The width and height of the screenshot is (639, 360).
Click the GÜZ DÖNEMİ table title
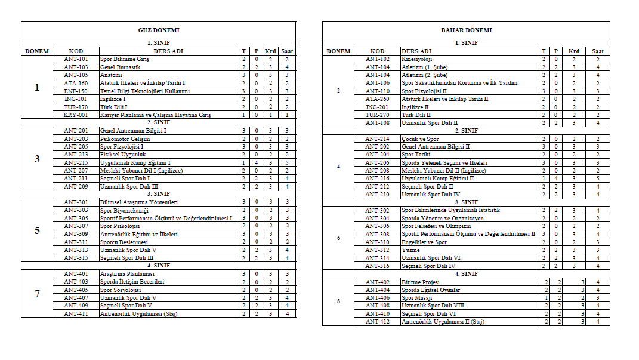point(159,30)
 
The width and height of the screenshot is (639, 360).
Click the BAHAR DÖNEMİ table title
point(466,30)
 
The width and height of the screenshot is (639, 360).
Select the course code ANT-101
point(76,59)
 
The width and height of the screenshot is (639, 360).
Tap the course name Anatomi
point(112,75)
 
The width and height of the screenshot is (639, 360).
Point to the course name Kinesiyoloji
point(417,59)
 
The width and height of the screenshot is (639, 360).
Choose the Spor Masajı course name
point(416,297)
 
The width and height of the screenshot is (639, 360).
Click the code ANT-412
point(378,322)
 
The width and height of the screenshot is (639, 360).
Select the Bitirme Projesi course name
point(421,281)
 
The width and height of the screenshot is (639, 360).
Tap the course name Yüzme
point(410,250)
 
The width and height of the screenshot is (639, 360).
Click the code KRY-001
point(76,115)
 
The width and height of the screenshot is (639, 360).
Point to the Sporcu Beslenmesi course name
point(124,242)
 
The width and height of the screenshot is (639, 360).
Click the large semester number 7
point(37,294)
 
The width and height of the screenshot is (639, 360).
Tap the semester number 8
point(338,301)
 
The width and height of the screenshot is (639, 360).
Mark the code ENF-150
point(76,91)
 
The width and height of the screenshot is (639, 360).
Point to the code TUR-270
point(378,115)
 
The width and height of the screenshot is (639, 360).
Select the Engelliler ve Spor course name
point(424,242)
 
